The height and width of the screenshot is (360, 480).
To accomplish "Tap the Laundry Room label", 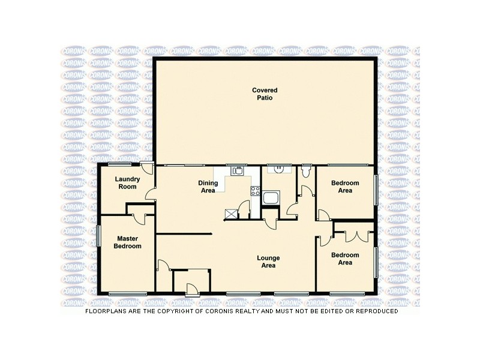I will pos(127,183).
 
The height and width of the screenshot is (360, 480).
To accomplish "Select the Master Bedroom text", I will pos(128,242).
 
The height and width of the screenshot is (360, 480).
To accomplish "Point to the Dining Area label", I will pos(207,187).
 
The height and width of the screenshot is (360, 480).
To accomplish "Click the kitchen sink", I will pos(238,171).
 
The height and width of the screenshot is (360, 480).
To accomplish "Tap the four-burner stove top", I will pos(254,192).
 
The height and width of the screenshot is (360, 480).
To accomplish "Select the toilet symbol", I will pos(307,173).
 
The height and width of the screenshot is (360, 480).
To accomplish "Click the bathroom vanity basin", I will pos(279,170).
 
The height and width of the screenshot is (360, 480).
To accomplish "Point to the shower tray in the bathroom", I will pos(271,197).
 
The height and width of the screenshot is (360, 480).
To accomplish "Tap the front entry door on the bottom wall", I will pos(192,290).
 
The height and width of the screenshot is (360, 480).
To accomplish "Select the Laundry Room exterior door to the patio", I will pos(146,169).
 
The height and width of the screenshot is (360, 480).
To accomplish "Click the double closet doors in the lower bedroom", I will pos(355,235).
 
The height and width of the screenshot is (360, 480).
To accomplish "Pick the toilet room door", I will pos(305,191).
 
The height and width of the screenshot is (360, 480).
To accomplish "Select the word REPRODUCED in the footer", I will pos(373,311).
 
